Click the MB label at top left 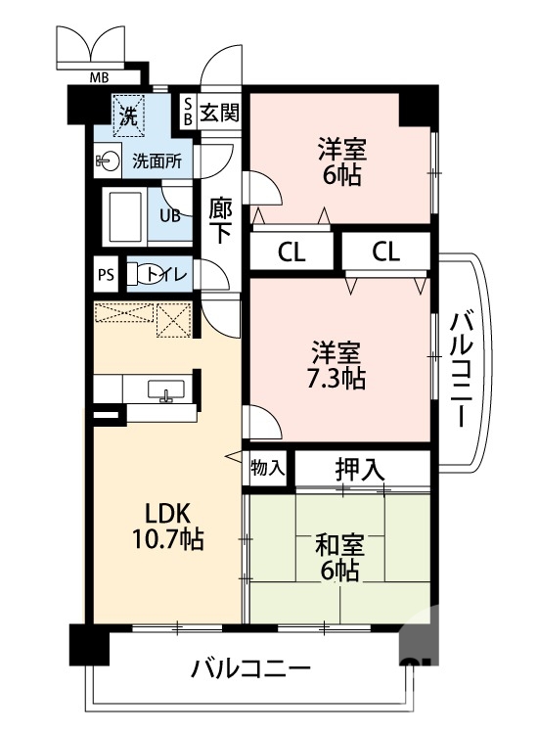click(99, 77)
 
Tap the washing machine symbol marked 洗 click(128, 114)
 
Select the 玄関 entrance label click(219, 112)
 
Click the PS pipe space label click(106, 275)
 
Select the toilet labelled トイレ click(157, 275)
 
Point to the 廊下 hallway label click(220, 220)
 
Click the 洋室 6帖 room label click(341, 162)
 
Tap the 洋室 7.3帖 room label click(338, 364)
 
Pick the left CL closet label click(291, 252)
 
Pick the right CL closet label click(385, 252)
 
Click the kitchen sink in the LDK click(165, 390)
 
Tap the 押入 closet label click(359, 469)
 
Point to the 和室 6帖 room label click(337, 554)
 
